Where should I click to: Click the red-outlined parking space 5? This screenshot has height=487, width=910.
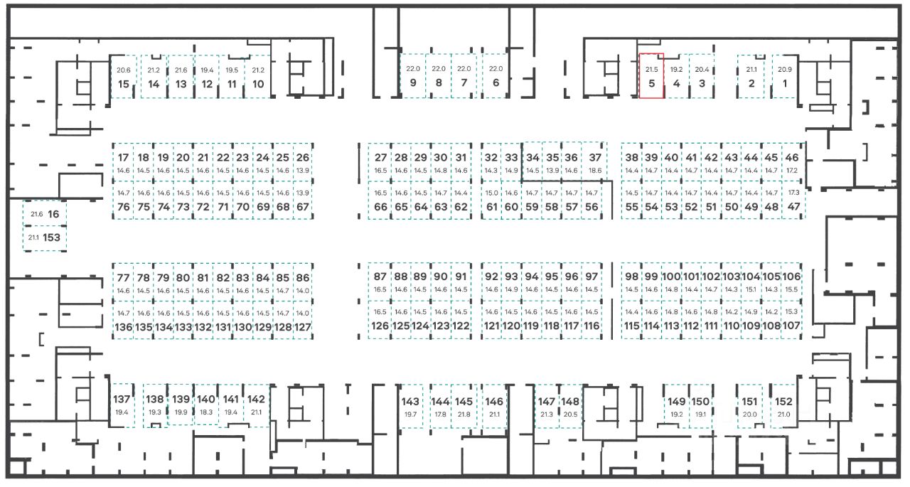652,77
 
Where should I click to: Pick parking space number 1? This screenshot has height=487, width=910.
785,77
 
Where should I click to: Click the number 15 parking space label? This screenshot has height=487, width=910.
124,84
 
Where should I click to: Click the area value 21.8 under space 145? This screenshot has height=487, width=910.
464,414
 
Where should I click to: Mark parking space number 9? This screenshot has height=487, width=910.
412,76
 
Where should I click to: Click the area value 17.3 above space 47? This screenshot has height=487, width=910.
793,193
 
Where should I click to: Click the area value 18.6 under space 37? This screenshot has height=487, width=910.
595,171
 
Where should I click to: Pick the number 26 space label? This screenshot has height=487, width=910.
303,158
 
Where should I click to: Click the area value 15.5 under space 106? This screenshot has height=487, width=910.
792,289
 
